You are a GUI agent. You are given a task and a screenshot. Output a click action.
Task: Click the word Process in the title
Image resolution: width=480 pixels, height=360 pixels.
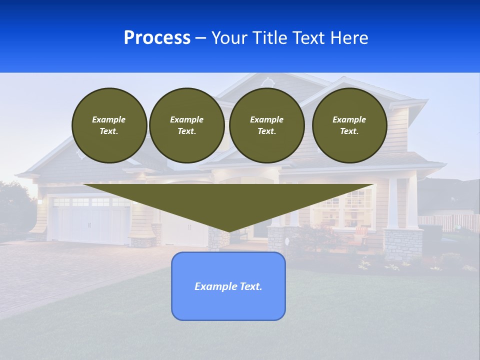(x=157, y=38)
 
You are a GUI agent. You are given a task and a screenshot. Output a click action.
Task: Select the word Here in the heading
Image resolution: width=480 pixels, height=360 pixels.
(x=349, y=38)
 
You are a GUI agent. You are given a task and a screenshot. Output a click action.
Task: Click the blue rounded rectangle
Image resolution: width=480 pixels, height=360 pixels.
(x=228, y=305)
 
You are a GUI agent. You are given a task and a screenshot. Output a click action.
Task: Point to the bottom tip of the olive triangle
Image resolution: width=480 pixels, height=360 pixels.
(x=229, y=231)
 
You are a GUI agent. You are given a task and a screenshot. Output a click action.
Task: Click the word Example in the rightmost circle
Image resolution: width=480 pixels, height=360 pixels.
(x=349, y=119)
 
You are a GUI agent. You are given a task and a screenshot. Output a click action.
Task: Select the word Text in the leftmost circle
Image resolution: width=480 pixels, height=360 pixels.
(x=108, y=131)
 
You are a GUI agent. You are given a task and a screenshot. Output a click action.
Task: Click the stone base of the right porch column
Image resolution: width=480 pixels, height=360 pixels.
(x=402, y=245)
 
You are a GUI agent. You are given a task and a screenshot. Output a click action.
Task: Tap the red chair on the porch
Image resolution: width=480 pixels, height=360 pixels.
(x=361, y=232)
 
